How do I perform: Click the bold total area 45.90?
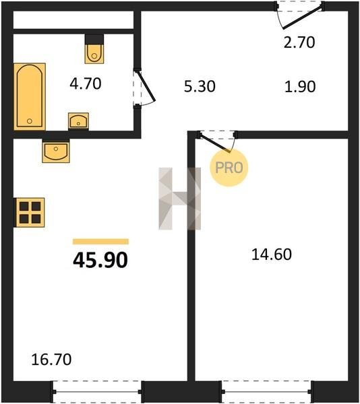(x=100, y=260)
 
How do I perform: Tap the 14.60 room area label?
(x=272, y=255)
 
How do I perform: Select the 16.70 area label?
(x=51, y=360)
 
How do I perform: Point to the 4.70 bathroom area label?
(x=86, y=83)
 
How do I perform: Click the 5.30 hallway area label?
(x=200, y=86)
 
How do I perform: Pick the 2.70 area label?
(x=299, y=42)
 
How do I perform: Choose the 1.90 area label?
(x=300, y=86)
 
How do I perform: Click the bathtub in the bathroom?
(x=30, y=96)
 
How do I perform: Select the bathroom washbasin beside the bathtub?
(x=78, y=121)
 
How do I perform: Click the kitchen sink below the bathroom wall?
(x=56, y=152)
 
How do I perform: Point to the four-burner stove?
(x=30, y=213)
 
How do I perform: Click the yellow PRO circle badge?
(x=229, y=168)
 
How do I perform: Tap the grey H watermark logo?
(x=180, y=199)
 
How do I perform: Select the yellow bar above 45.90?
(x=101, y=242)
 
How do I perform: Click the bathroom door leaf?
(x=146, y=86)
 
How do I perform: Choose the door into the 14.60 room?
(x=215, y=142)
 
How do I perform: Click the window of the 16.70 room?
(x=97, y=392)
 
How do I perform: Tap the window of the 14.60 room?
(x=266, y=392)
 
